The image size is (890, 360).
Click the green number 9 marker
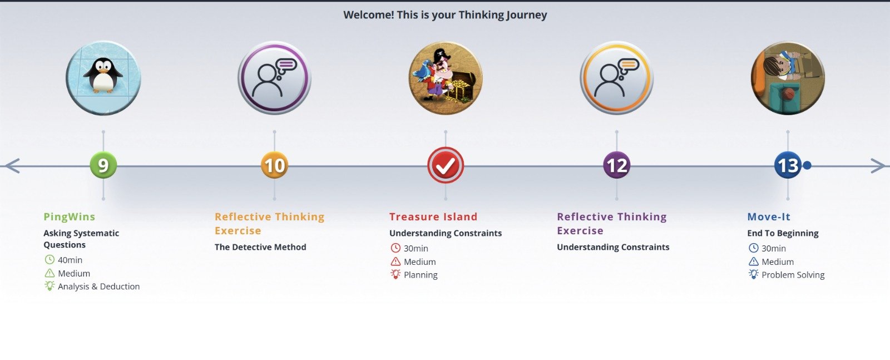coord(103,165)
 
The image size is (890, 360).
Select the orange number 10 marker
coord(275,165)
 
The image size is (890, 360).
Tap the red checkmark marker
coord(446,165)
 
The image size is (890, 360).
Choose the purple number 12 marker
coord(617,165)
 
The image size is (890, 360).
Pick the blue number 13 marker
coord(788,165)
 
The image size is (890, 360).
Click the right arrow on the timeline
coord(878,166)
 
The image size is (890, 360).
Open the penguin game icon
coord(103,78)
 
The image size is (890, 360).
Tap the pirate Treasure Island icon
coord(446,78)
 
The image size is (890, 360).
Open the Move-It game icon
coord(788,78)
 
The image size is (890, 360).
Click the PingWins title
coord(70,217)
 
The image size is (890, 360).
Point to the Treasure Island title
coord(433,217)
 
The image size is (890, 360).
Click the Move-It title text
coord(769,217)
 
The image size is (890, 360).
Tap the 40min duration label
coord(70,260)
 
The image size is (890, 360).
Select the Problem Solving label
coord(793,275)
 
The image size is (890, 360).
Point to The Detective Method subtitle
coord(260,247)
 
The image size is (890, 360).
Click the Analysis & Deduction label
coord(99,287)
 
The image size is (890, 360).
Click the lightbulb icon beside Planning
coord(395,274)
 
